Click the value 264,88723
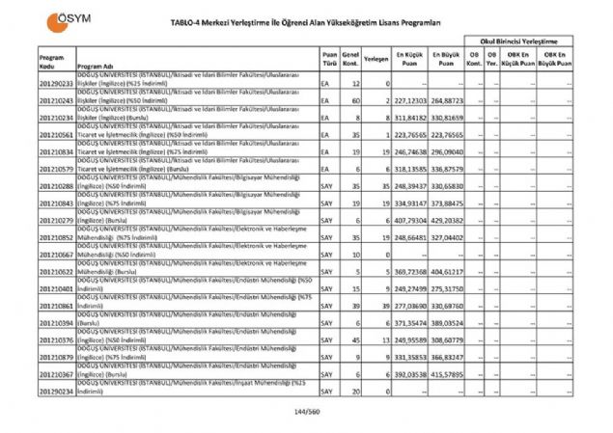[x=447, y=100]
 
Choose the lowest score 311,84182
[x=411, y=118]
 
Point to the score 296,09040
[x=447, y=152]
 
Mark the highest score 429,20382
[x=447, y=221]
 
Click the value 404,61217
[x=447, y=273]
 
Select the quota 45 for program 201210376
[x=356, y=340]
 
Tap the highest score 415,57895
[x=447, y=374]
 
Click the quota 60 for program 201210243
[x=356, y=100]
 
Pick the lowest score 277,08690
[x=411, y=306]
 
